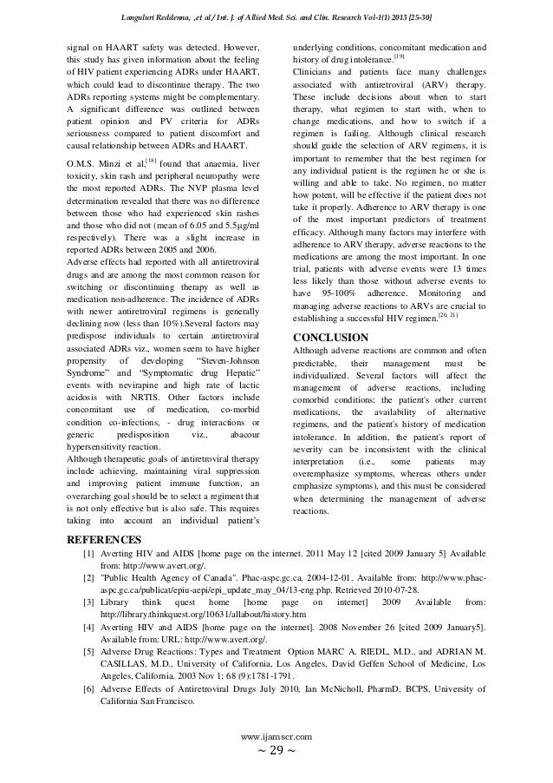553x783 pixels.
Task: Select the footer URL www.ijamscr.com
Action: (x=276, y=735)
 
